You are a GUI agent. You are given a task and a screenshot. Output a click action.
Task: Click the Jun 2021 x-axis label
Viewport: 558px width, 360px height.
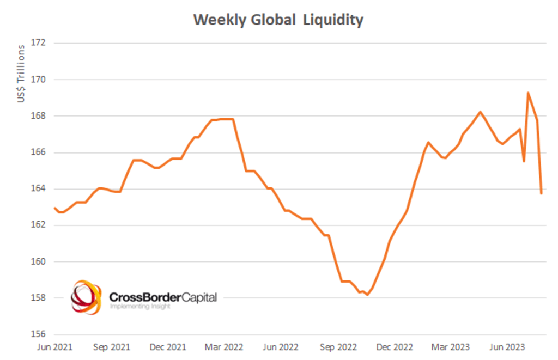coord(54,347)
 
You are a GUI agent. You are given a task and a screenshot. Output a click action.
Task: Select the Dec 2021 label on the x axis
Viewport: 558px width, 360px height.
coord(167,347)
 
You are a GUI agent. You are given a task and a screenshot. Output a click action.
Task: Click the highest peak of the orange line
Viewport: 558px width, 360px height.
coord(528,93)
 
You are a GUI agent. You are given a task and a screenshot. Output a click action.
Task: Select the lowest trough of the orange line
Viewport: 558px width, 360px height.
coord(367,295)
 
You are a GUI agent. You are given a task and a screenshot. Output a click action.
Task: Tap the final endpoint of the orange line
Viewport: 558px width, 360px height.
coord(541,193)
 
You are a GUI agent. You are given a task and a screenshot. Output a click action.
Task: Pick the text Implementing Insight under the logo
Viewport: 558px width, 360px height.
coord(140,307)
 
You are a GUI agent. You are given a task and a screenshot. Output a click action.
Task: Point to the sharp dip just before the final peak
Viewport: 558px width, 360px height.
coord(524,161)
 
